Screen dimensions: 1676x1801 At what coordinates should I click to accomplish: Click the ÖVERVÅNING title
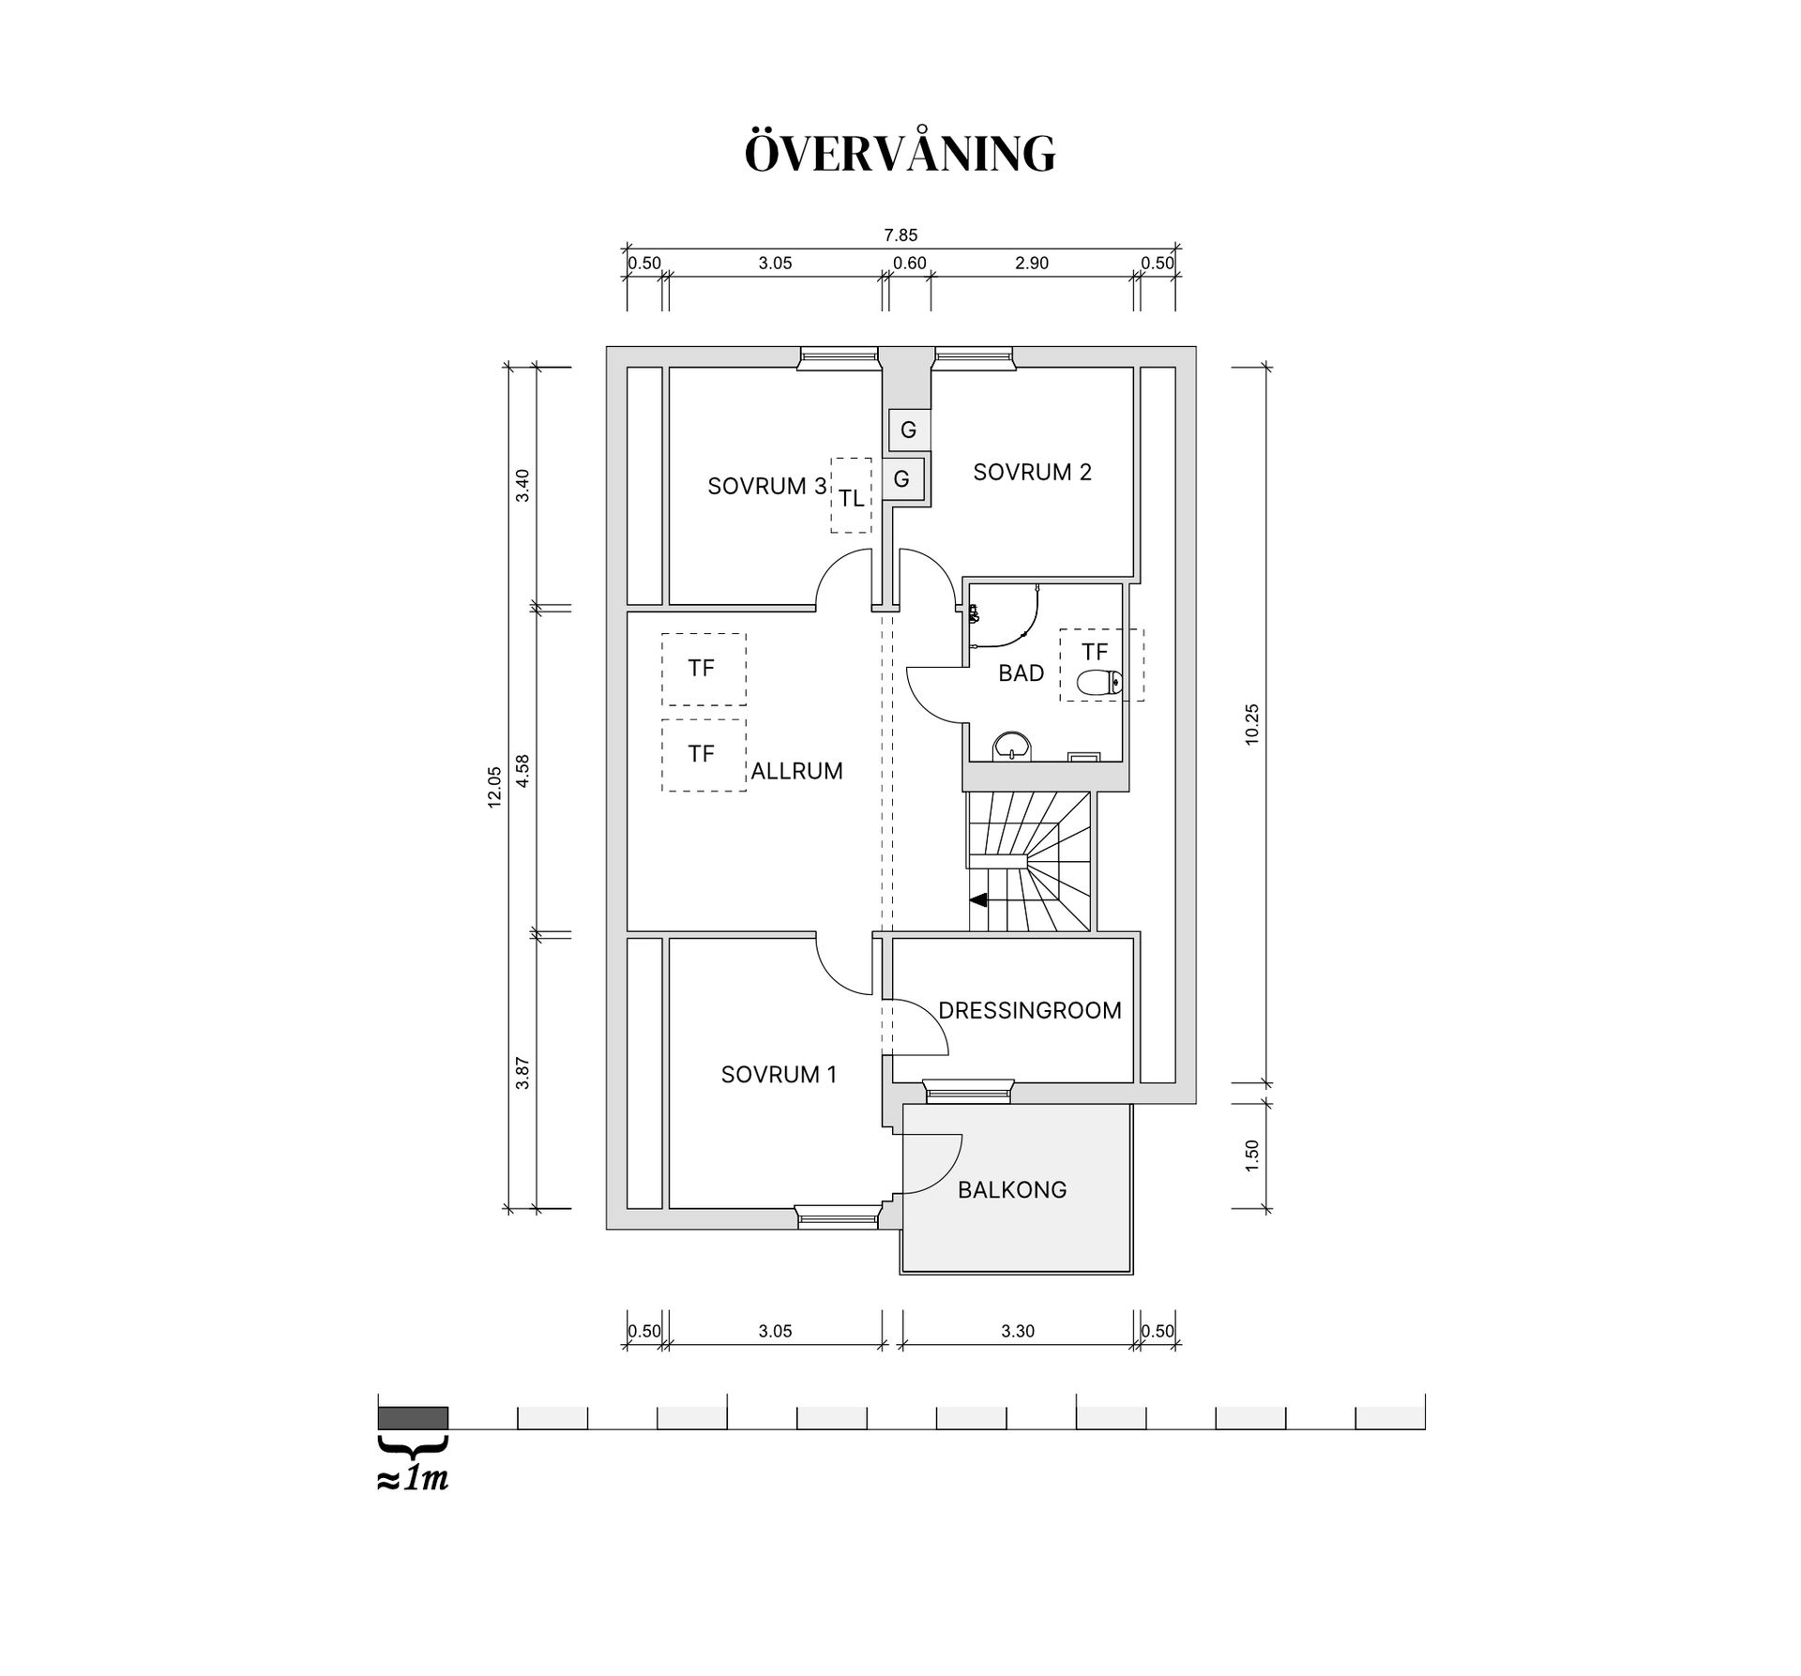[x=900, y=154]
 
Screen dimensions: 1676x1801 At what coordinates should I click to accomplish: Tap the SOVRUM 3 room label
[x=766, y=487]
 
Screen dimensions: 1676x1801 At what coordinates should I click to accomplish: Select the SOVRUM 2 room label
[x=1032, y=473]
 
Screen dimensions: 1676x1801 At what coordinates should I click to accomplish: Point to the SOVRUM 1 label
[x=778, y=1075]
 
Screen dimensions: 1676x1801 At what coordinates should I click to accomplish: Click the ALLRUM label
[x=796, y=771]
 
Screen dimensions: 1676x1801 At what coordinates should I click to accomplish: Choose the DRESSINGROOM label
[x=1029, y=1011]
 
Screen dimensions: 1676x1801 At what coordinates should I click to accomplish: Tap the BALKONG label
[x=1012, y=1190]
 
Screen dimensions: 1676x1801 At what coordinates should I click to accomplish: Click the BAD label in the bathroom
[x=1021, y=673]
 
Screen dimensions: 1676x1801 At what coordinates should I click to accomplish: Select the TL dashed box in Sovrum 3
[x=851, y=496]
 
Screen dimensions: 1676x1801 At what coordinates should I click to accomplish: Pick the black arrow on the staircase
[x=978, y=900]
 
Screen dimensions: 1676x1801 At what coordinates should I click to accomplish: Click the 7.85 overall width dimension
[x=900, y=235]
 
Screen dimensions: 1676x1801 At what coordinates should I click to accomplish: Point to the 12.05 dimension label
[x=494, y=787]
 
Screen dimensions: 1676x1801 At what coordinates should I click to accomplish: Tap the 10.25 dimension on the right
[x=1251, y=724]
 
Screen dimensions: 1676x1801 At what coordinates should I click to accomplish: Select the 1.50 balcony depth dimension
[x=1251, y=1155]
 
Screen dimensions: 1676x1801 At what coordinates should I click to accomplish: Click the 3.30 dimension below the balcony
[x=1018, y=1331]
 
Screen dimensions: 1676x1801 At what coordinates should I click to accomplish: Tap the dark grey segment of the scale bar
[x=413, y=1417]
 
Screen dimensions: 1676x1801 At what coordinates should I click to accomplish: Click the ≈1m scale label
[x=413, y=1480]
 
